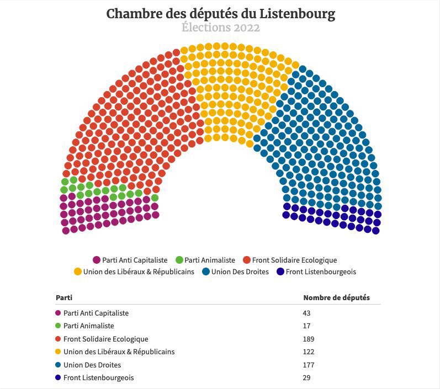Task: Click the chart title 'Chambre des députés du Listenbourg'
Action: point(220,14)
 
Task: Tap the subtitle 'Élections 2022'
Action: point(220,28)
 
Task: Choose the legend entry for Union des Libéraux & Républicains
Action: point(134,271)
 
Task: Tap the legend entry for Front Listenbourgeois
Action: point(316,271)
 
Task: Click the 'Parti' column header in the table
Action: point(63,298)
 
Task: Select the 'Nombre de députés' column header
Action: point(336,298)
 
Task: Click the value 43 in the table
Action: point(308,313)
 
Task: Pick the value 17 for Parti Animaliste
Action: point(307,326)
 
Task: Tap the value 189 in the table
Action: point(309,339)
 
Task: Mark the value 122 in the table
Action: point(309,352)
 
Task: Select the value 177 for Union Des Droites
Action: point(309,365)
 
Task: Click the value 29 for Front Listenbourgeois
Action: point(308,378)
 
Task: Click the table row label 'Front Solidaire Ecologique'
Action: point(106,339)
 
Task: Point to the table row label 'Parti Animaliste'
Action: point(89,326)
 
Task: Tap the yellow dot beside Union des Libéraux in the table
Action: point(59,352)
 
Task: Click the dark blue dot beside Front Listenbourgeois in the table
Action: point(59,378)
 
